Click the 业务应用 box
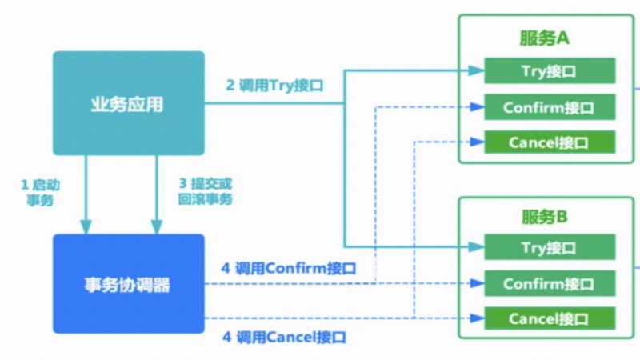(128, 103)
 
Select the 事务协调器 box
(128, 283)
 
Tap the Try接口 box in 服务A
(549, 71)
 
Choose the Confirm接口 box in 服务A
(549, 107)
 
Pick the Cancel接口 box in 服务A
(549, 142)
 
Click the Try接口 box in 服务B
(549, 247)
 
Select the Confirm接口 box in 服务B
(549, 283)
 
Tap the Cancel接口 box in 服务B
(549, 318)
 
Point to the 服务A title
(544, 38)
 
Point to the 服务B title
(544, 217)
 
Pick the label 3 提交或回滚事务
(206, 192)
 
